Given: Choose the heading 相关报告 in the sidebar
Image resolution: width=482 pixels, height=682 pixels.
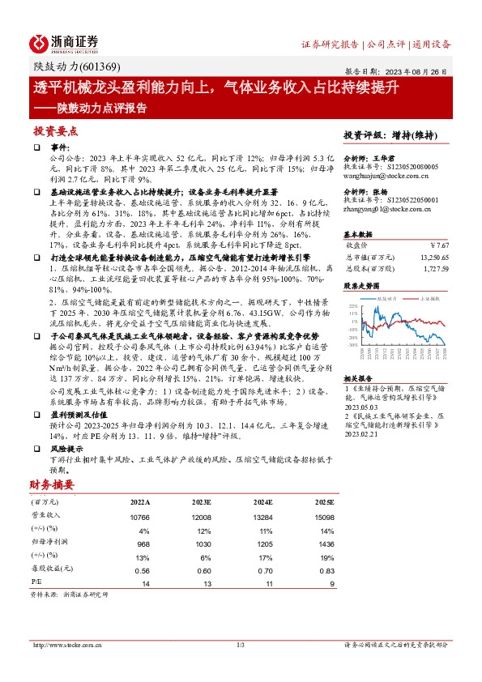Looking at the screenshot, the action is click(x=357, y=378).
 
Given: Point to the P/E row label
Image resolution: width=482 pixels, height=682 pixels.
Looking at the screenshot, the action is click(x=36, y=582).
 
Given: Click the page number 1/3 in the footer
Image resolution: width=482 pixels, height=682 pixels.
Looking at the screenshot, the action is click(x=241, y=645).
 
